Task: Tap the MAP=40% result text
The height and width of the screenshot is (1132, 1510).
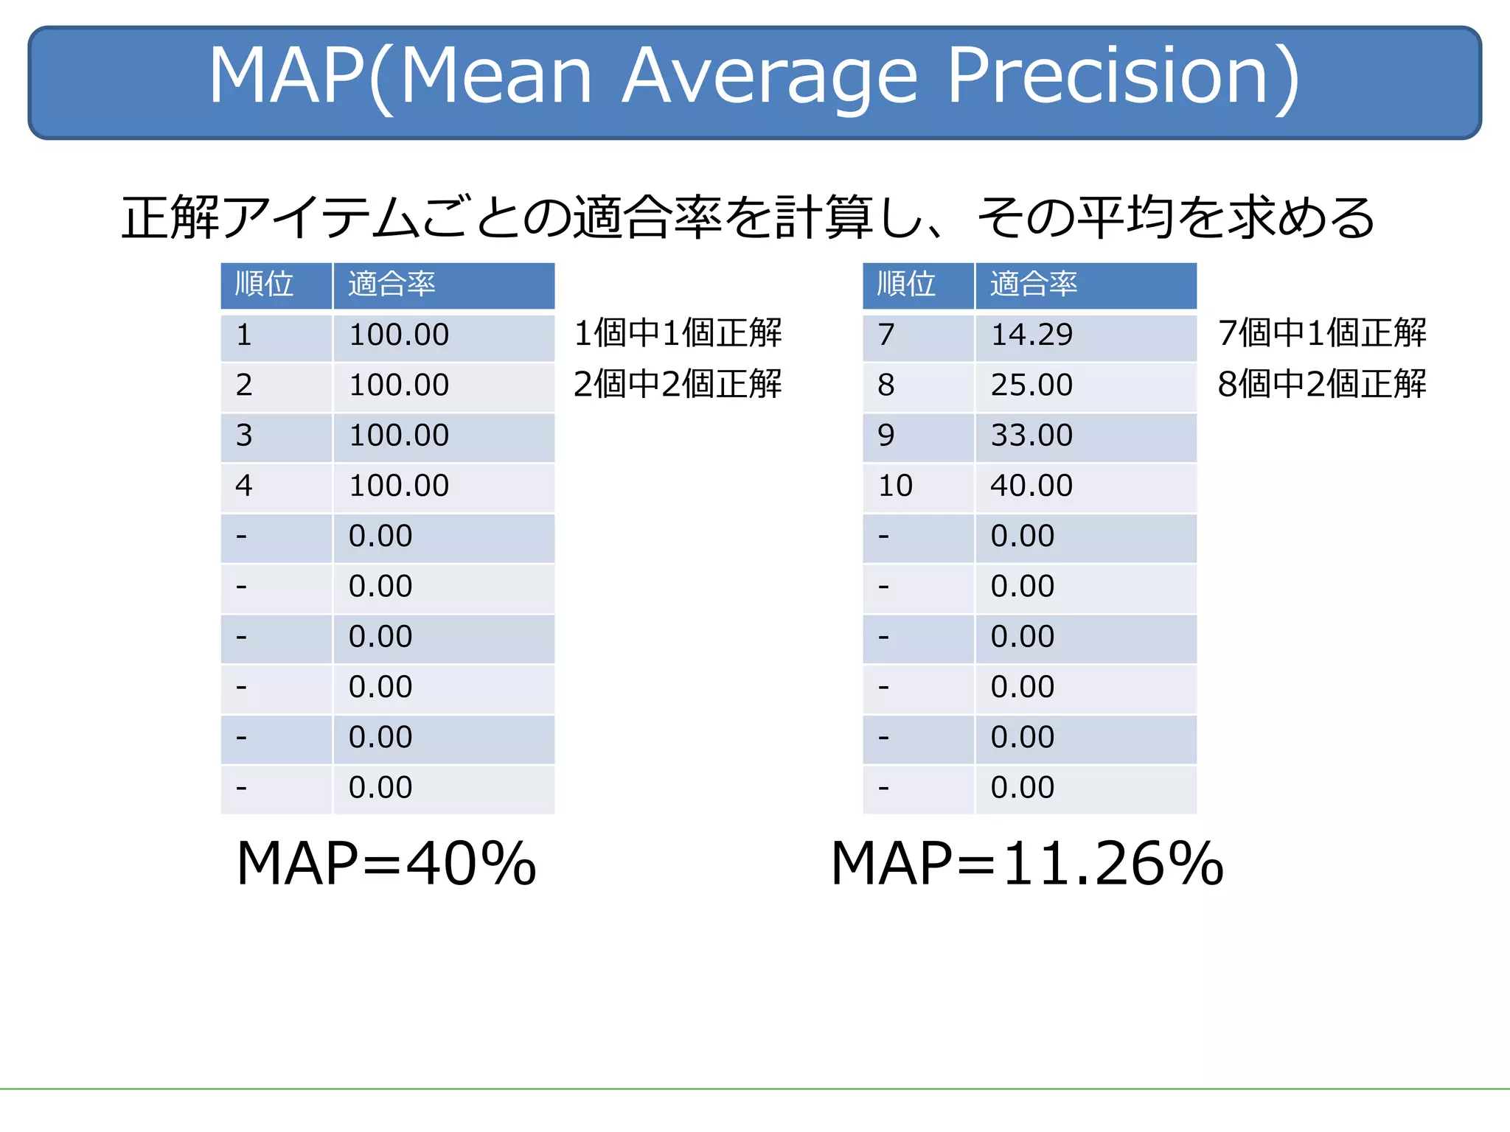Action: pos(386,864)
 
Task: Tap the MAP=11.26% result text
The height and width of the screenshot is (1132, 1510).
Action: pos(1027,864)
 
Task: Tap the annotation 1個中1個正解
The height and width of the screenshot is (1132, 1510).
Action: pos(678,333)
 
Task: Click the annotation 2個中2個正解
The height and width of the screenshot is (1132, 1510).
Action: pos(678,384)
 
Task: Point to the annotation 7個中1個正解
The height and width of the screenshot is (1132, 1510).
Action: pos(1321,333)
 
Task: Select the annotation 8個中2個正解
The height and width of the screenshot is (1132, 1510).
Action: pos(1321,384)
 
